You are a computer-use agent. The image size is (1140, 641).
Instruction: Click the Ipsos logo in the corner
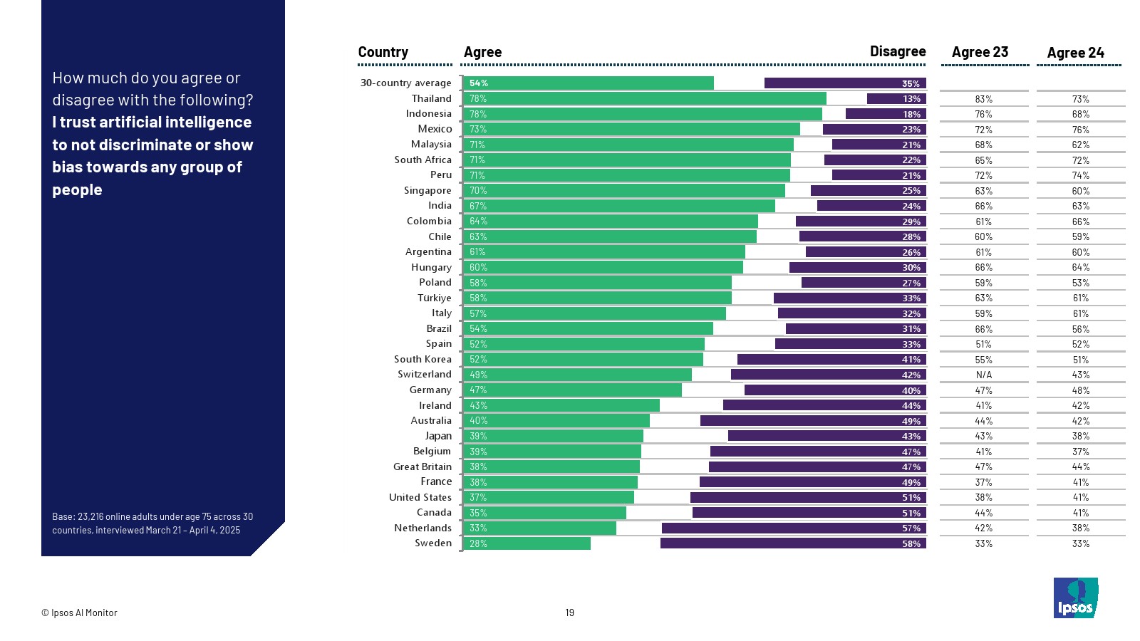1075,598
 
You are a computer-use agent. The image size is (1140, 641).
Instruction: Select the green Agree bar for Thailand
645,98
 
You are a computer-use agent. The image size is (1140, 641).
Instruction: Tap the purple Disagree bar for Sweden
793,543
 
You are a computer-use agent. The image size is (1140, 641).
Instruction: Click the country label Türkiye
434,298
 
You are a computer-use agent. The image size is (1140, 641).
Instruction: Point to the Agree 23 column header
980,52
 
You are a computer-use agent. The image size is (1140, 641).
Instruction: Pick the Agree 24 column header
1075,53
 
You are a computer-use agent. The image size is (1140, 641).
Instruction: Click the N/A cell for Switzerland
983,375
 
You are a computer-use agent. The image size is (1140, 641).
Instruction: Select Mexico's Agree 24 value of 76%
1080,130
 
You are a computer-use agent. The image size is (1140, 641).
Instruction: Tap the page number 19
569,613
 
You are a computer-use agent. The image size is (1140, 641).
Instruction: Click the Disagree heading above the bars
897,51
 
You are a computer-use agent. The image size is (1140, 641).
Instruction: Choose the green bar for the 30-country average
589,83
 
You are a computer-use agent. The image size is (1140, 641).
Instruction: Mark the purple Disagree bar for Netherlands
794,528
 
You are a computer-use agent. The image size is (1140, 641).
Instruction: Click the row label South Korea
423,359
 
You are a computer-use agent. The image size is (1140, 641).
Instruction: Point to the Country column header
383,52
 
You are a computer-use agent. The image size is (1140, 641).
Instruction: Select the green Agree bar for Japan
554,436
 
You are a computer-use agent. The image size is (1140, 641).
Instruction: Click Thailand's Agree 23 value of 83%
983,99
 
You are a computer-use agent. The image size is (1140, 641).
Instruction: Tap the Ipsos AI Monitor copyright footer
79,613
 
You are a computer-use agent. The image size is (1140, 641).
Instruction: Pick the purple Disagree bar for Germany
835,390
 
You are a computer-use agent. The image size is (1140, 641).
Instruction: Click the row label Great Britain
422,467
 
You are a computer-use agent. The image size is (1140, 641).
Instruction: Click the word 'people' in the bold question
77,190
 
